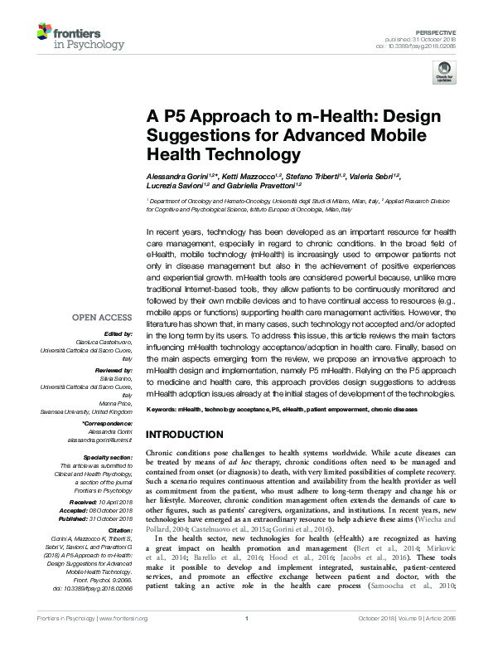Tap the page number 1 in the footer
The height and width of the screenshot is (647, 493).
[246, 641]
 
